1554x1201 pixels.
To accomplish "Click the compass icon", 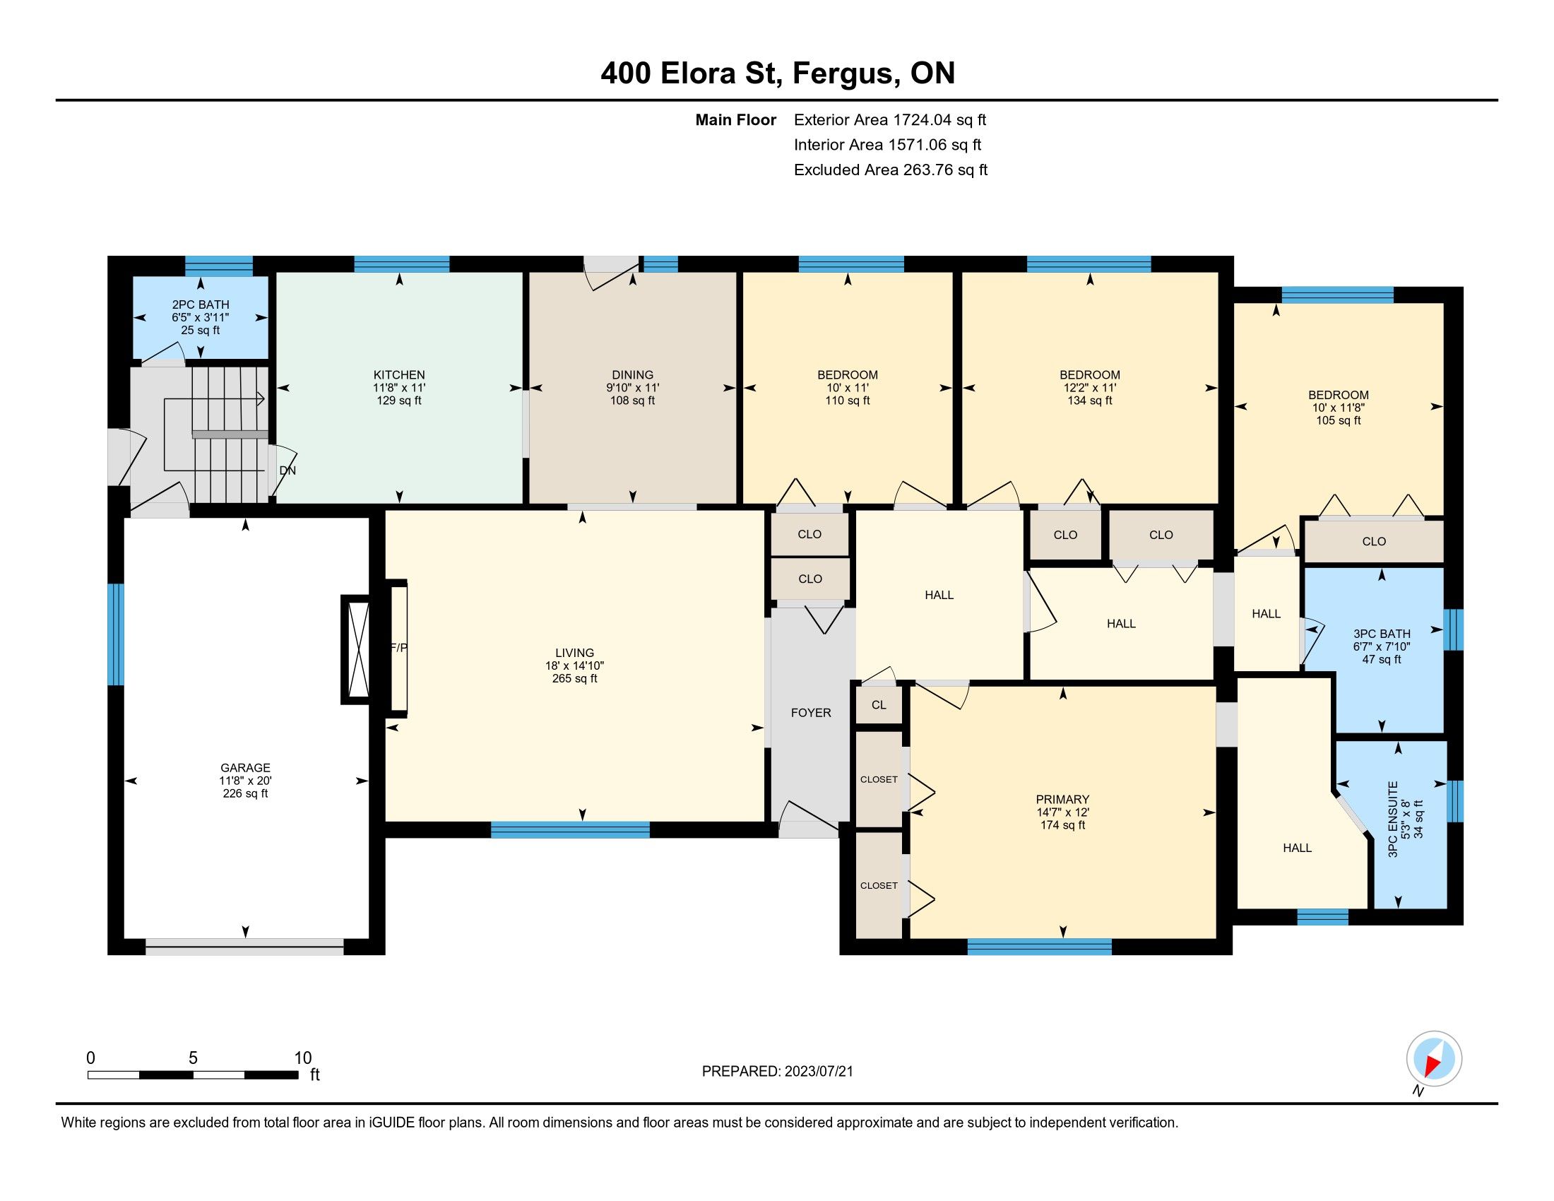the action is [x=1434, y=1059].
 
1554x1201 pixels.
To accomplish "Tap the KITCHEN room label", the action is [x=399, y=375].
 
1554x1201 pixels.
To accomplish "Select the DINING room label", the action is [x=633, y=375].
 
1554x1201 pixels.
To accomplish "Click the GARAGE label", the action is [x=246, y=768].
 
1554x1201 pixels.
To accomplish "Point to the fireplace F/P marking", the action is [x=399, y=648].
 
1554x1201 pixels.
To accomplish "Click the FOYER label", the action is [x=811, y=713].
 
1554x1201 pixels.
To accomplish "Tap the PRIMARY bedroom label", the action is [x=1063, y=800].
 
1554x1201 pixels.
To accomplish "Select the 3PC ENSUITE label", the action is [x=1393, y=819].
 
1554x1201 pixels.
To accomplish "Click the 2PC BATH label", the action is [x=201, y=304].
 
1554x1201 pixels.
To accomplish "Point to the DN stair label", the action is [x=287, y=471].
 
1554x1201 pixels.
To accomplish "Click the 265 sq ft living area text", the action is [x=575, y=679].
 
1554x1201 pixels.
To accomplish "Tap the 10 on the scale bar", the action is [x=303, y=1058].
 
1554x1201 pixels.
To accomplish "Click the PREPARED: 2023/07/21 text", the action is [x=778, y=1072].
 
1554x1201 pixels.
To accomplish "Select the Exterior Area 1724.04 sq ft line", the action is [x=890, y=120].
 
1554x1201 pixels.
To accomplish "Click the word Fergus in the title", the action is [x=845, y=73].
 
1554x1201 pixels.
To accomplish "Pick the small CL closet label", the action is [x=879, y=705].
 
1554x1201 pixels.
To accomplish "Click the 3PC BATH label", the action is [x=1382, y=634].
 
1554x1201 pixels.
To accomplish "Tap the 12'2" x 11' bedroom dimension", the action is [x=1090, y=388].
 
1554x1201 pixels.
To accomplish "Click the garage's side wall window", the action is [x=115, y=634].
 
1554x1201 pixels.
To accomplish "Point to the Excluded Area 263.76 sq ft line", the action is [x=891, y=170].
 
